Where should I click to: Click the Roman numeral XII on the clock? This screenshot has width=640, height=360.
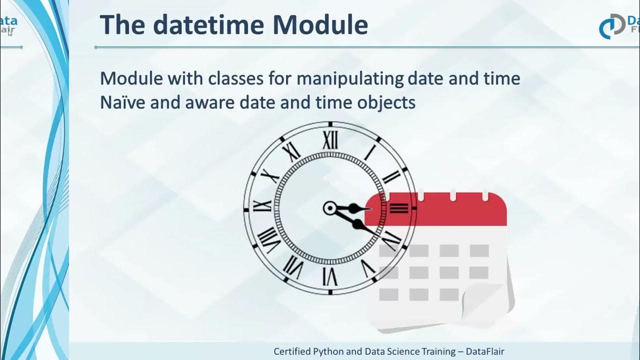point(330,140)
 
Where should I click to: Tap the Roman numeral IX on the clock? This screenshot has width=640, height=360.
point(262,205)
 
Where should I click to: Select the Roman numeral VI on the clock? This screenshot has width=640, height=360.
point(329,275)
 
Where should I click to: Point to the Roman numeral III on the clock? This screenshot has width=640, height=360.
point(398,207)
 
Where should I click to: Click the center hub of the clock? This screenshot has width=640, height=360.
point(330,208)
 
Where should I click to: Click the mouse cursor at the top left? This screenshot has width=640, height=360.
point(10,33)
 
